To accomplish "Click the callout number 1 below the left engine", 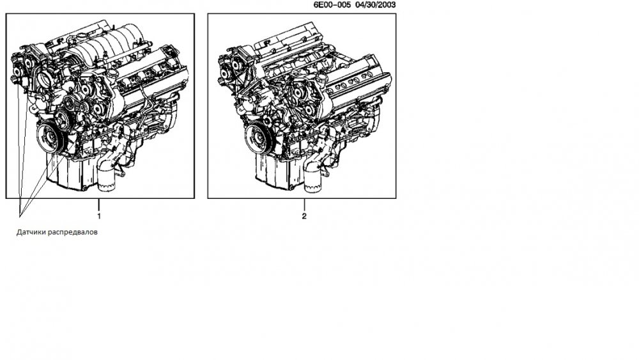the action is tap(98, 216).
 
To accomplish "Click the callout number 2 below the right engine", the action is tap(304, 216).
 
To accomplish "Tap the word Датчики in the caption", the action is tap(31, 232).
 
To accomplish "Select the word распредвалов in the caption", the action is tap(73, 232).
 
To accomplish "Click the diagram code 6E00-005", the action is tap(332, 5).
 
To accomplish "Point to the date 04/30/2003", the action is tap(375, 5).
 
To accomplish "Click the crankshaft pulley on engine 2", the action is tap(259, 138).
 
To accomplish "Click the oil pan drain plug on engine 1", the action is tap(84, 188).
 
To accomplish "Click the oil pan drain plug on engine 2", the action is tap(292, 187).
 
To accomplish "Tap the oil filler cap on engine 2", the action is tap(322, 75).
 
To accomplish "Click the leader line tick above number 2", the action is tap(304, 205).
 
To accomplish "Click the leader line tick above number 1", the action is tap(98, 205).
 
